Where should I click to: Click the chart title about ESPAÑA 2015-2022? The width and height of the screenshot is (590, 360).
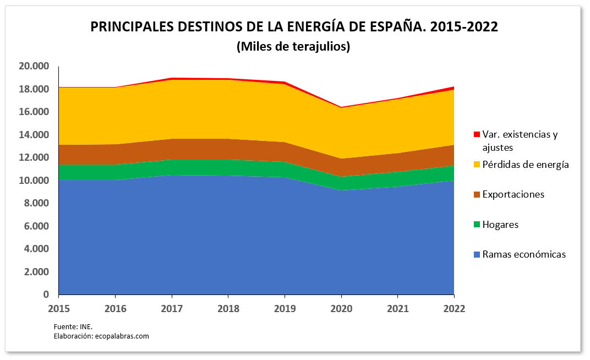click(x=294, y=27)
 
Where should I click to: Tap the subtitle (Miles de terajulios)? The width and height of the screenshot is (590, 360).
click(x=293, y=47)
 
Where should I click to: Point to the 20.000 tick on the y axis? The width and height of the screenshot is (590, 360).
click(x=34, y=66)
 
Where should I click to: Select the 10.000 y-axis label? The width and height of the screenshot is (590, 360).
click(x=34, y=181)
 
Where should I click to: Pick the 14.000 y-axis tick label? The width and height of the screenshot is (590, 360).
click(x=34, y=135)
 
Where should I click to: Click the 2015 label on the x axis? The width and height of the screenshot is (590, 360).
click(x=58, y=309)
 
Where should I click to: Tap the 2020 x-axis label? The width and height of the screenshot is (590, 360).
click(x=341, y=309)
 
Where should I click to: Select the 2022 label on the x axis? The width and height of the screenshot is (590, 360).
click(x=454, y=309)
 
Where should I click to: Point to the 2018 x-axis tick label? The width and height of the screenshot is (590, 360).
click(x=228, y=309)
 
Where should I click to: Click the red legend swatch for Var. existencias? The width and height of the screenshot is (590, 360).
click(x=477, y=134)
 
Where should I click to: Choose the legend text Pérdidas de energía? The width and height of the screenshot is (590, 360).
click(x=525, y=165)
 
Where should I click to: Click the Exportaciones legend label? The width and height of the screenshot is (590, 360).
click(x=513, y=194)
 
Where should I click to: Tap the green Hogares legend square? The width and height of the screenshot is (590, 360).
click(x=477, y=225)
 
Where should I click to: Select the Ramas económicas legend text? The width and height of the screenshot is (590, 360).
click(x=523, y=254)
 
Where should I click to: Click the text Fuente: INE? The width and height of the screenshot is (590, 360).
click(x=69, y=327)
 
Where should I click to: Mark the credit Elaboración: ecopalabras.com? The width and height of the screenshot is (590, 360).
click(x=101, y=336)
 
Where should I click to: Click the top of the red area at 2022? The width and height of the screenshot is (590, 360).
click(x=454, y=87)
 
